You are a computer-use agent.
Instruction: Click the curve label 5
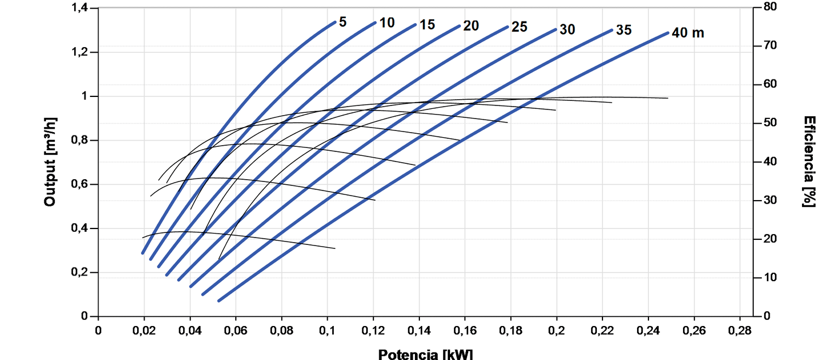[343, 22]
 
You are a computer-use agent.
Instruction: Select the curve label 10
[387, 23]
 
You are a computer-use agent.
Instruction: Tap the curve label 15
[427, 25]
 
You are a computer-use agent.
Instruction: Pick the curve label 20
[471, 26]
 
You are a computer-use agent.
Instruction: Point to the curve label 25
[519, 27]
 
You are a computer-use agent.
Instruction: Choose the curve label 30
[567, 29]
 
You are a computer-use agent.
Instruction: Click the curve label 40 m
[688, 33]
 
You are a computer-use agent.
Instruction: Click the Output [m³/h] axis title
[50, 163]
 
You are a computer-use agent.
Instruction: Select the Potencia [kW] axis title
[425, 354]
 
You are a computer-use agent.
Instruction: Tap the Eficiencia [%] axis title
[809, 162]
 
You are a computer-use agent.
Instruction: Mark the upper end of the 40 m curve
[668, 33]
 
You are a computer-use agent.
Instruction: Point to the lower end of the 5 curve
[143, 253]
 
